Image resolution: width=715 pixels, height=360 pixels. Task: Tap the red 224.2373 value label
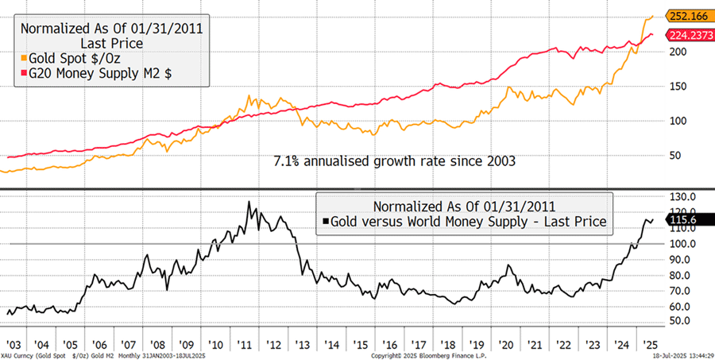[687, 35]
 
